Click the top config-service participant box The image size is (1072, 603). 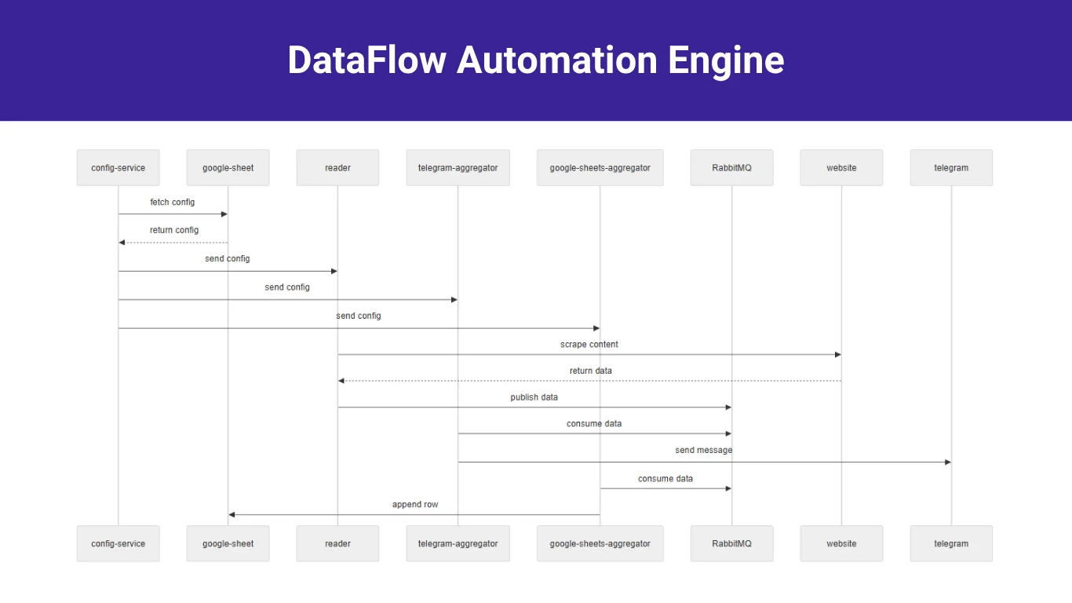pyautogui.click(x=118, y=168)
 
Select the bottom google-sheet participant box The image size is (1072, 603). pyautogui.click(x=228, y=543)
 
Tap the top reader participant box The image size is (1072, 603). pyautogui.click(x=337, y=168)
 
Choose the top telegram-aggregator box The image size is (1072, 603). pyautogui.click(x=458, y=168)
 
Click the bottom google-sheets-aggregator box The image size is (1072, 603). pyautogui.click(x=600, y=543)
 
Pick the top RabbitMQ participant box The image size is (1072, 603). pyautogui.click(x=731, y=168)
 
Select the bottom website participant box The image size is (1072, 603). pyautogui.click(x=841, y=543)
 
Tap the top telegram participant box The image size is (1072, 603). pyautogui.click(x=951, y=168)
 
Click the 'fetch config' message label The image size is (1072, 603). pyautogui.click(x=173, y=203)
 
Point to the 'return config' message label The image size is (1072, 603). pyautogui.click(x=174, y=231)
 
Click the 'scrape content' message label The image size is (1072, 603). pyautogui.click(x=589, y=345)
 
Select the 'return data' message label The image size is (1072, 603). pyautogui.click(x=590, y=371)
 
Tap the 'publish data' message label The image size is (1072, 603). pyautogui.click(x=534, y=397)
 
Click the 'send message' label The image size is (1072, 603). pyautogui.click(x=703, y=451)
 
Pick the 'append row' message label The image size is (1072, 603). pyautogui.click(x=415, y=505)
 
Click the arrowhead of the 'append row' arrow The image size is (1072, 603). pyautogui.click(x=232, y=515)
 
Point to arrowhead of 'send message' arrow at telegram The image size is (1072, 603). pyautogui.click(x=947, y=462)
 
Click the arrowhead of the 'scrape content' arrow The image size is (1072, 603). pyautogui.click(x=837, y=355)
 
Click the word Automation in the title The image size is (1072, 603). pyautogui.click(x=557, y=60)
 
